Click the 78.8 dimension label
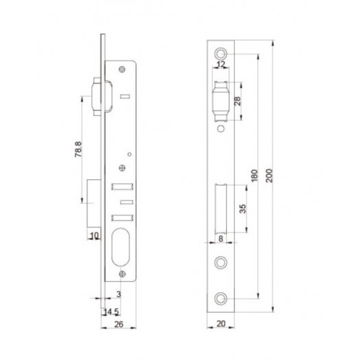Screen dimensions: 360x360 [78, 149]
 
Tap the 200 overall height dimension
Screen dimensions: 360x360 [269, 176]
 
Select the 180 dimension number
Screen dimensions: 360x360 [254, 176]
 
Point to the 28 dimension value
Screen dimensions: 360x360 [238, 101]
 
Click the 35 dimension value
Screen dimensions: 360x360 [243, 209]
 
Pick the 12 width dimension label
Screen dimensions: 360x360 [221, 65]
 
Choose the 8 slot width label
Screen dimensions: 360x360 [221, 239]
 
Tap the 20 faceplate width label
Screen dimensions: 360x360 [221, 324]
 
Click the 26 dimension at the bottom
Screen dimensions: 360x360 [119, 324]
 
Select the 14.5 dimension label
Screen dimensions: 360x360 [111, 312]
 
